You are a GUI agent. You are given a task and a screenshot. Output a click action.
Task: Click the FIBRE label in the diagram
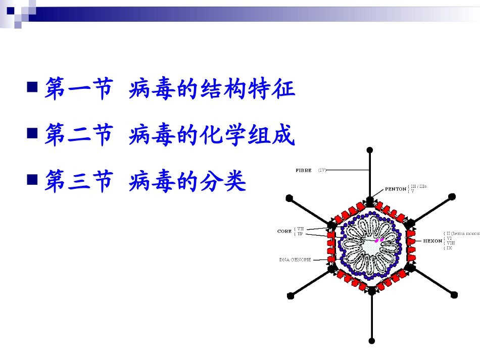(x=303, y=170)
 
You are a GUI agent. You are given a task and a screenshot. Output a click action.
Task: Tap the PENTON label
(x=395, y=189)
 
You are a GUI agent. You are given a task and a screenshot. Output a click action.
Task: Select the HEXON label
(x=432, y=241)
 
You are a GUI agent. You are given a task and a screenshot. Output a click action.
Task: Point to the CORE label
(x=284, y=231)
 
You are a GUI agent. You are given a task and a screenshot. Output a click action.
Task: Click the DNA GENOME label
(x=295, y=260)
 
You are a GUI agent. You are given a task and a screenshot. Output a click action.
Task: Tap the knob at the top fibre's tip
(x=370, y=150)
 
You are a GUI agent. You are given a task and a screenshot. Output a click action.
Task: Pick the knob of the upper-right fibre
(x=452, y=196)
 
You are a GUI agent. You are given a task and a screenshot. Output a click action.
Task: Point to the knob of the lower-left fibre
(x=290, y=295)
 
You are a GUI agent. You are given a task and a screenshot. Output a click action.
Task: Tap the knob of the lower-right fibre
(x=454, y=295)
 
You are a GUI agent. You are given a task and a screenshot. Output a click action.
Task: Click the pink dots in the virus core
(x=379, y=239)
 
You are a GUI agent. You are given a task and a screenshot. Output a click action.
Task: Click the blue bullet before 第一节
(x=32, y=86)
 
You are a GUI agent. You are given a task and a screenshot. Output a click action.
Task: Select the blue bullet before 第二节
(x=32, y=133)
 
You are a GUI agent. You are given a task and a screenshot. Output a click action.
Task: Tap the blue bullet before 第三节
(x=32, y=178)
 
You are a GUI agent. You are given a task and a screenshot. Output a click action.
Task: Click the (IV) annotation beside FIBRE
(x=322, y=170)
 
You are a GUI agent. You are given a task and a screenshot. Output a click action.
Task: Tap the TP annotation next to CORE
(x=300, y=234)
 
